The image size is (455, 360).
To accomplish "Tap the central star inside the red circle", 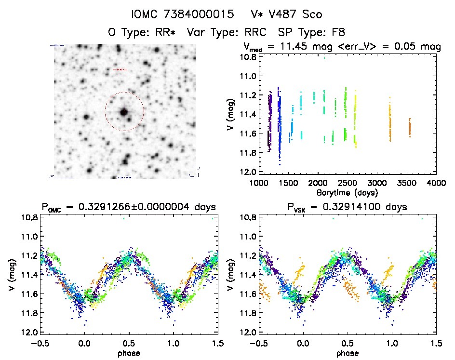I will pos(124,112).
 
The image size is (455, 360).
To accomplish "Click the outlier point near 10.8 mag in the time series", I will pos(324,58).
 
